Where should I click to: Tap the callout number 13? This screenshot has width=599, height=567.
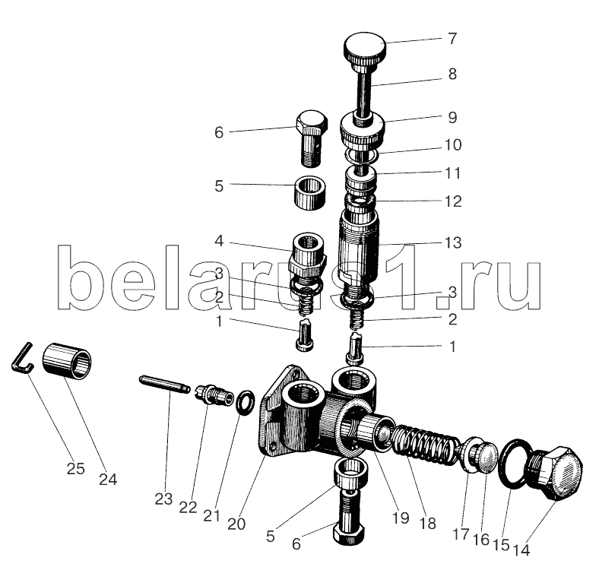[x=453, y=242]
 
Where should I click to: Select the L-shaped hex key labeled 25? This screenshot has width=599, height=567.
[x=22, y=357]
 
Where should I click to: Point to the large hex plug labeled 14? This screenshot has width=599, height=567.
[x=554, y=473]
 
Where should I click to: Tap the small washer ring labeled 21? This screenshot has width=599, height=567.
[x=245, y=402]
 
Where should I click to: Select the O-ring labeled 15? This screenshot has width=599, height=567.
[x=512, y=464]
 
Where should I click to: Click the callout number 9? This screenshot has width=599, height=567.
[x=453, y=117]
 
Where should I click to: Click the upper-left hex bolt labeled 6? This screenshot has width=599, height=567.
[x=312, y=138]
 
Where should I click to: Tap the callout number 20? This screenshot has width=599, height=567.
[x=236, y=524]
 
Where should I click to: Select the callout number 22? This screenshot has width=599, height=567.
[x=188, y=507]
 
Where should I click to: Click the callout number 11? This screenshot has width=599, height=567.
[x=453, y=173]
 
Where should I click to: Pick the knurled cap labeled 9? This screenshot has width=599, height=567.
[x=362, y=132]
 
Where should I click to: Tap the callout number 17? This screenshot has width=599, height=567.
[x=461, y=534]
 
